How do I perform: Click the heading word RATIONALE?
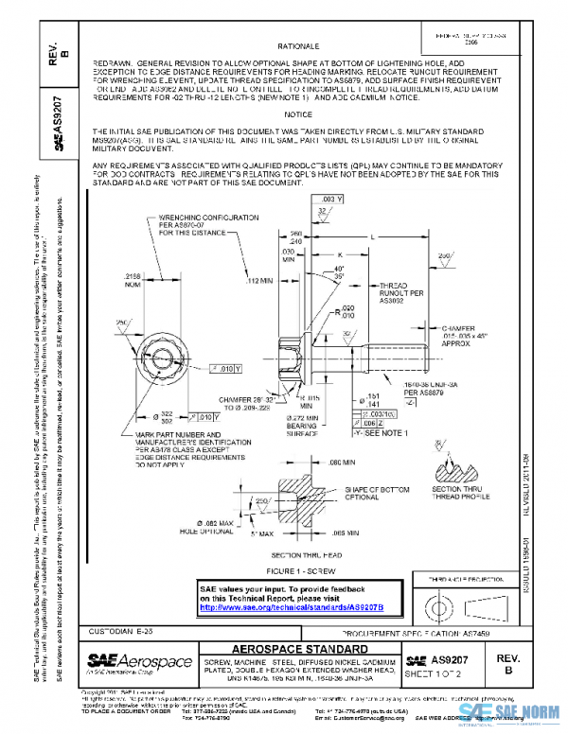tap(298, 45)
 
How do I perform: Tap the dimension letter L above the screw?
tap(401, 236)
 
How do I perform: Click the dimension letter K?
tap(339, 254)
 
